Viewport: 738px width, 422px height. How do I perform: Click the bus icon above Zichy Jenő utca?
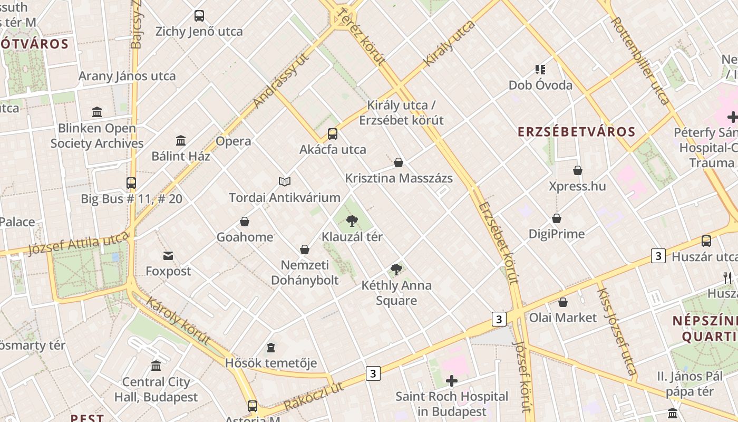(x=199, y=16)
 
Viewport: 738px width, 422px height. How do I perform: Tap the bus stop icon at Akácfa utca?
(x=332, y=134)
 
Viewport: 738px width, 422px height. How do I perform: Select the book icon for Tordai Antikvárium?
(x=285, y=182)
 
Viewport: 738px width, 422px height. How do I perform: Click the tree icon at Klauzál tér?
(x=352, y=221)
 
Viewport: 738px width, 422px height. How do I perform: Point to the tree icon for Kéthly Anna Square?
(x=396, y=270)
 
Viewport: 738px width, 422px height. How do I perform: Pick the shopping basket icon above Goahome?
(x=245, y=222)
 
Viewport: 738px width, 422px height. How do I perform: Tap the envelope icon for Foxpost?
(x=168, y=256)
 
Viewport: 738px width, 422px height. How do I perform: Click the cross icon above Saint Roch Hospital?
(x=452, y=381)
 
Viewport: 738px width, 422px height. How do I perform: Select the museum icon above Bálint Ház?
(x=181, y=140)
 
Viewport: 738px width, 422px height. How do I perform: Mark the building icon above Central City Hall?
(x=156, y=366)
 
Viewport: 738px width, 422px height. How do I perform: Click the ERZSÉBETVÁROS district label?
(x=576, y=131)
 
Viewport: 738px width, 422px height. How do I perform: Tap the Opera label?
(x=233, y=141)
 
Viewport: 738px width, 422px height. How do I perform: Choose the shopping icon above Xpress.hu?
(x=578, y=170)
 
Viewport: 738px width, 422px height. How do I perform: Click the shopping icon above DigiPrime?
(x=557, y=218)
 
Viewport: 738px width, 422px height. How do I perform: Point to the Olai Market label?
(x=563, y=318)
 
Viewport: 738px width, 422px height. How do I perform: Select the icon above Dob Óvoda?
(x=540, y=69)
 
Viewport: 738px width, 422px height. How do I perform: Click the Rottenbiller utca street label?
(x=640, y=60)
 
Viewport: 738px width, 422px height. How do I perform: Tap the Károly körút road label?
(x=178, y=321)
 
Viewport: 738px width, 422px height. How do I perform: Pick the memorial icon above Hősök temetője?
(x=271, y=348)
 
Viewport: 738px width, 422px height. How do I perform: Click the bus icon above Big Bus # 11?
(x=131, y=183)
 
